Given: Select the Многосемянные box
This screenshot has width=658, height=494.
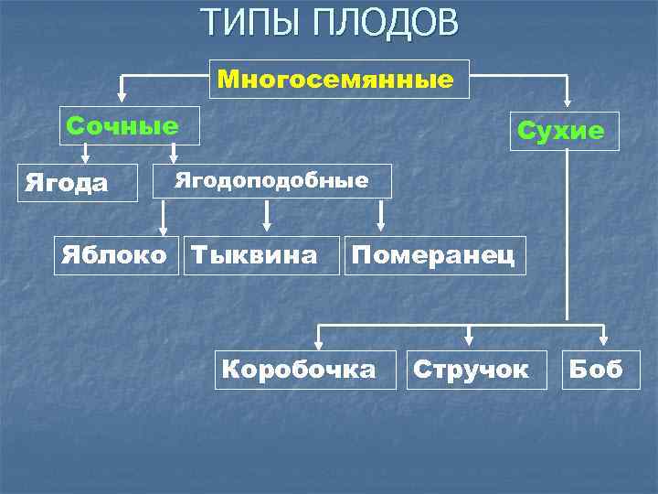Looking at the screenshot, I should (340, 80).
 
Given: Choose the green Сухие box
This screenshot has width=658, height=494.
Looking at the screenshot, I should (561, 131).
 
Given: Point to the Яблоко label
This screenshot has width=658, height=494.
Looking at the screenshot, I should (114, 253).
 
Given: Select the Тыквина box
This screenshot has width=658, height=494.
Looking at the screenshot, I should (254, 253).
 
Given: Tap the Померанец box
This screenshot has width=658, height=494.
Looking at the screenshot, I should (434, 253).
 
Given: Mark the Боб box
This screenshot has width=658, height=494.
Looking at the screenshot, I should (595, 370).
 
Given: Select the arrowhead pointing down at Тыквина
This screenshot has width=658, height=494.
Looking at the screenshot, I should (267, 224).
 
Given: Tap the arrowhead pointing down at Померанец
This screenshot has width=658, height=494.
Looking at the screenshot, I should (381, 224).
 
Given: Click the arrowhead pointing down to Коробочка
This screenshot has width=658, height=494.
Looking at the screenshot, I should (317, 344).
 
